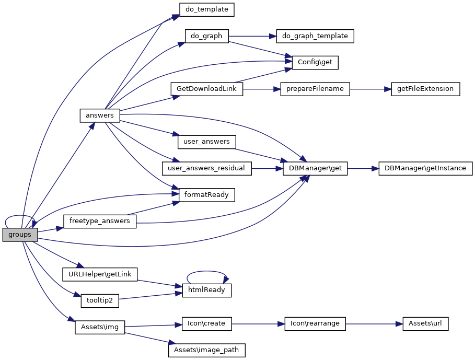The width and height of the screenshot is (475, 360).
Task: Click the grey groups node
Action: coord(20,235)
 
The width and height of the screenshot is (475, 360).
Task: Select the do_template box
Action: coord(206,9)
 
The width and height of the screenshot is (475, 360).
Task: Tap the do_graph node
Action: coord(206,36)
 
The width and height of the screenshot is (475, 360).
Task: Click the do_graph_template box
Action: coord(315,36)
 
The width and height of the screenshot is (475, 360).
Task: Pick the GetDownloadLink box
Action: coord(206,89)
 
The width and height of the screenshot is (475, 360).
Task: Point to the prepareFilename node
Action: coord(315,89)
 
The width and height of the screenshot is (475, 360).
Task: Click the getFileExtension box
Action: coord(425,89)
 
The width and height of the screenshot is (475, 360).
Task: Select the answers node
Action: coord(100,115)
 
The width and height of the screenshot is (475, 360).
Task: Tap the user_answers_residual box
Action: coord(206,168)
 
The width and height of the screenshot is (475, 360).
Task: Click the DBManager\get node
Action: coord(315,168)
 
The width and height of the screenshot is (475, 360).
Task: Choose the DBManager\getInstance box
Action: coord(425,168)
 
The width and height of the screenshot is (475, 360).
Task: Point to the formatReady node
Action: coord(206,195)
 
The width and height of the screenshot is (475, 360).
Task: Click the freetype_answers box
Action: coord(100,221)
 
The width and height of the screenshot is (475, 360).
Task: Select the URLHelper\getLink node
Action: coord(100,274)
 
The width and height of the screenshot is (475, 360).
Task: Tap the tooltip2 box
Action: coord(100,300)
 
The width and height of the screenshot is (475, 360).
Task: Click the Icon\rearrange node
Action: coord(315,323)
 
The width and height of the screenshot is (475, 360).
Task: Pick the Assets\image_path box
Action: coord(206,350)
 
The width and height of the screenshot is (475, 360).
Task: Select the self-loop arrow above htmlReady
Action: coord(206,272)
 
